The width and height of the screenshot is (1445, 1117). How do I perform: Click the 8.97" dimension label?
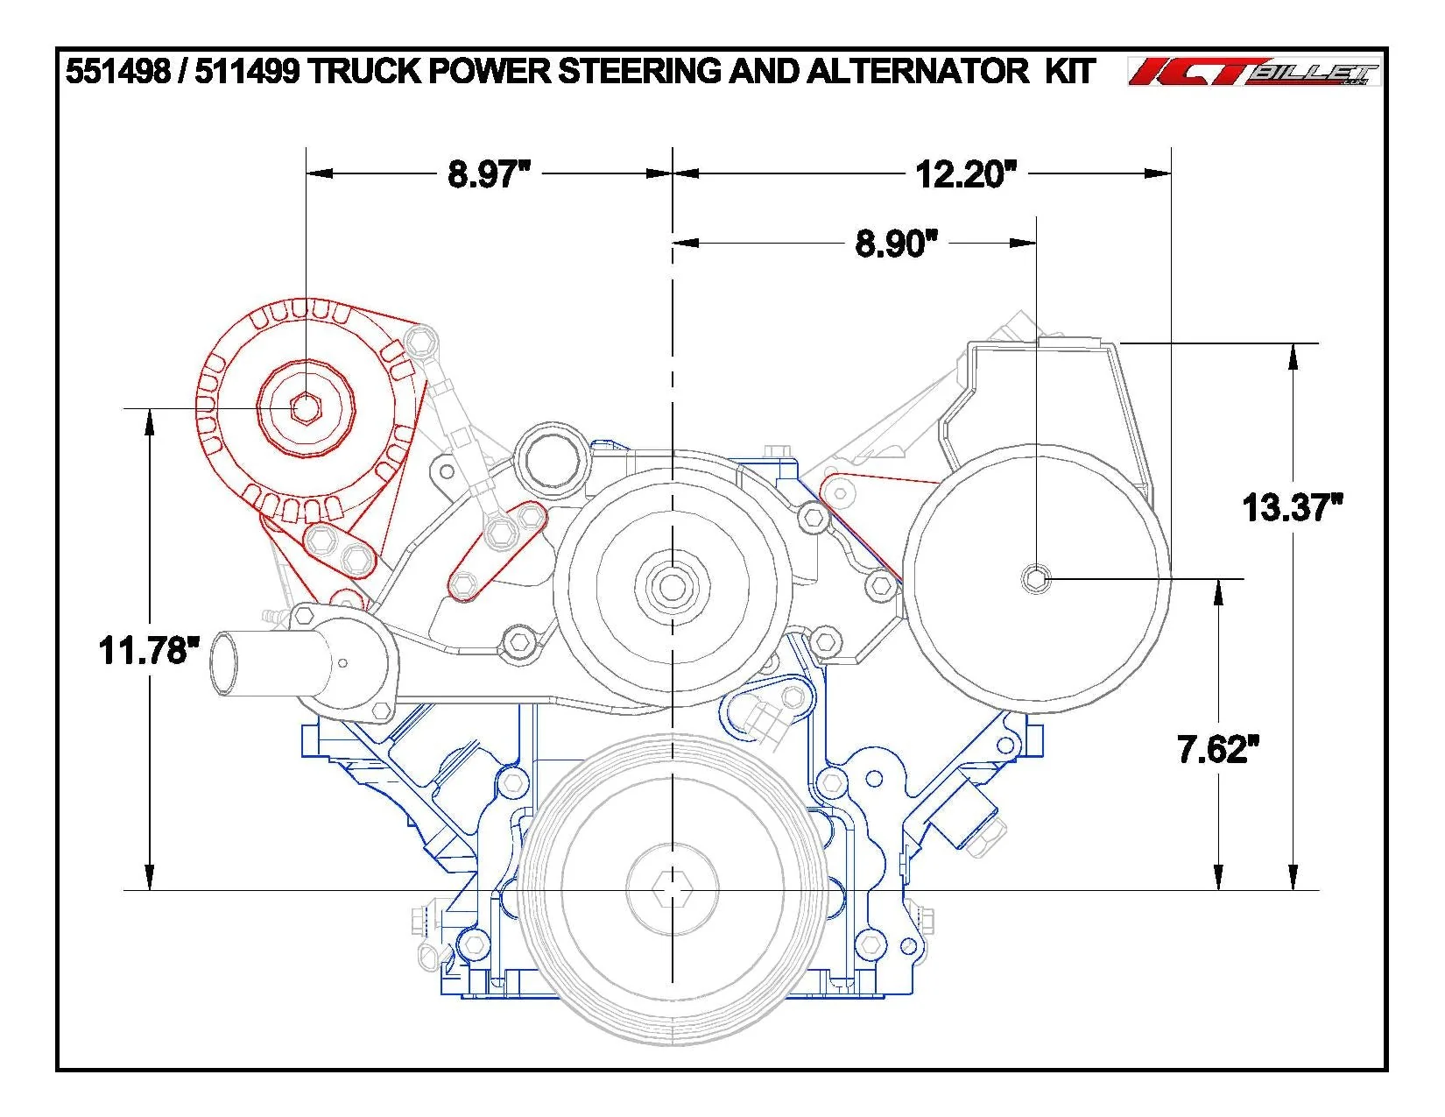[489, 174]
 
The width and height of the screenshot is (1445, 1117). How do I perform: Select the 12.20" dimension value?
[966, 174]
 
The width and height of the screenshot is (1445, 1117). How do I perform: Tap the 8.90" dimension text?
[896, 243]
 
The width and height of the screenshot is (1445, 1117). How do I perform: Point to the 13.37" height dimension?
[1292, 507]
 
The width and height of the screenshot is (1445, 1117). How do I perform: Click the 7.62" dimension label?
[1218, 749]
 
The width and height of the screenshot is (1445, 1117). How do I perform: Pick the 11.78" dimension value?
[149, 650]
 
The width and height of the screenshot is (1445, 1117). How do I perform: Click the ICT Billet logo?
[1254, 72]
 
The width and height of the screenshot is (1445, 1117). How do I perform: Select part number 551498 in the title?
[117, 71]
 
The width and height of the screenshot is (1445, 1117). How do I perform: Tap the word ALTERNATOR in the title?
[918, 71]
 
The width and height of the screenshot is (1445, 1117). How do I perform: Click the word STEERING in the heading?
[638, 71]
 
